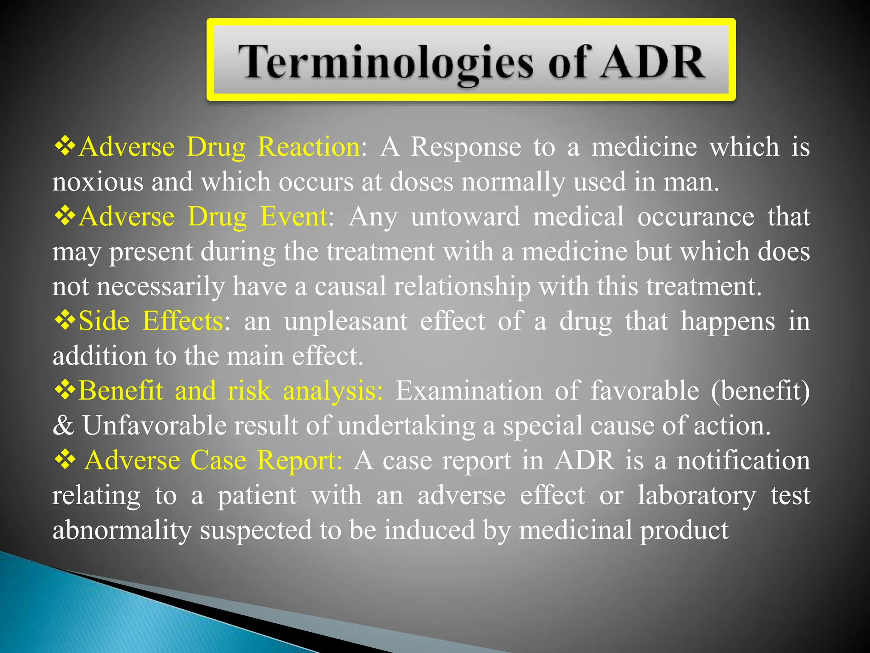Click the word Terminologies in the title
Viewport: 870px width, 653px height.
coord(384,62)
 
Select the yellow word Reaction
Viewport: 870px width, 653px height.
coord(310,147)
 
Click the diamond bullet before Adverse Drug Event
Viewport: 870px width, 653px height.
coord(65,216)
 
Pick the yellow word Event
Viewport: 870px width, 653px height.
coord(294,216)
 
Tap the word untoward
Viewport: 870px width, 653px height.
coord(465,216)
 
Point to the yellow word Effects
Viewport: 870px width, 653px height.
coord(183,321)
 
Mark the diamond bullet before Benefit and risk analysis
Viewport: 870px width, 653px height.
coord(65,389)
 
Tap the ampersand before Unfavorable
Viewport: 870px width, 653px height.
coord(63,425)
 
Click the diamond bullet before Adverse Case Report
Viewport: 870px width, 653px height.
coord(65,459)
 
